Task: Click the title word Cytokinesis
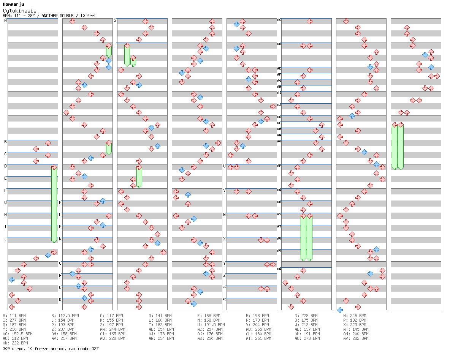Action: [x=20, y=11]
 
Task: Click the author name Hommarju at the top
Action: [x=13, y=4]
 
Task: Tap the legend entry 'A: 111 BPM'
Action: [x=14, y=316]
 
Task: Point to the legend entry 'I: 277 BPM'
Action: [x=14, y=320]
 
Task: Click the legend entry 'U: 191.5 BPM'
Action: [x=211, y=325]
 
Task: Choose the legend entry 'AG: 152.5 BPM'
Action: [x=17, y=334]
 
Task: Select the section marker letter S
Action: [x=115, y=20]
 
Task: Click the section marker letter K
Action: [x=60, y=202]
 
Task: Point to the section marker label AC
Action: [x=279, y=20]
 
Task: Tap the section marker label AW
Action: [x=279, y=269]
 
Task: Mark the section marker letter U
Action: [x=224, y=166]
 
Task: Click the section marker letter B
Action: [x=5, y=142]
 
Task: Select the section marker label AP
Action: [x=279, y=166]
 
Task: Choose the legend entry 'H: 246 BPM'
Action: [x=355, y=316]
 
